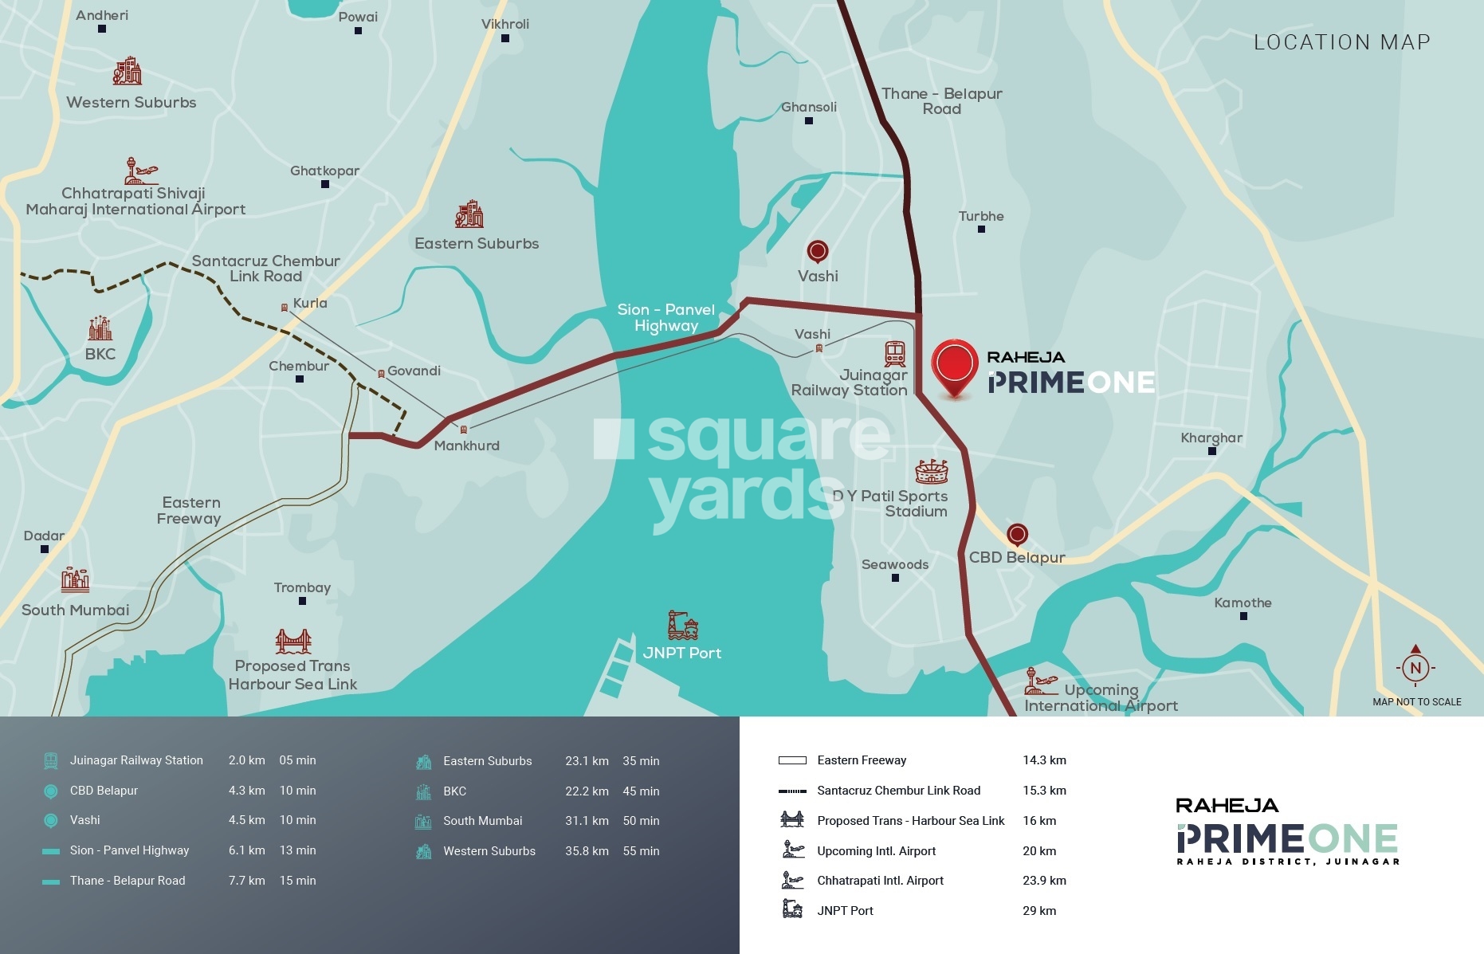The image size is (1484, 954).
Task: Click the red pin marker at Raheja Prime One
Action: tap(954, 366)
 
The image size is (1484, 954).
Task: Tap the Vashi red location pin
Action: tap(817, 252)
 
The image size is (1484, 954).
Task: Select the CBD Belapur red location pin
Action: tap(1017, 534)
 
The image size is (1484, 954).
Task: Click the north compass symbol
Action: tap(1415, 667)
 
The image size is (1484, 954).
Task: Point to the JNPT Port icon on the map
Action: tap(682, 626)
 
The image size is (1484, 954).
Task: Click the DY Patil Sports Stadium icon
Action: tap(931, 472)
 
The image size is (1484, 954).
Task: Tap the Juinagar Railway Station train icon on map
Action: tap(894, 353)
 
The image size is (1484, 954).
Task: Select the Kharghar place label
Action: tap(1211, 438)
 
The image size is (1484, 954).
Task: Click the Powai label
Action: tap(358, 17)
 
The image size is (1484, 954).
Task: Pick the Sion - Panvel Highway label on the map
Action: tap(665, 317)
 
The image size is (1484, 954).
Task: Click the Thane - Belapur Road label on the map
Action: tap(941, 101)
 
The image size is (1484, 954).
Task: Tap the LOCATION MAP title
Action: tap(1341, 42)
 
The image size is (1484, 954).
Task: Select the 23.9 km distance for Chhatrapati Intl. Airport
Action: tap(1044, 881)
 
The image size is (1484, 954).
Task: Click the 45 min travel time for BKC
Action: tap(641, 791)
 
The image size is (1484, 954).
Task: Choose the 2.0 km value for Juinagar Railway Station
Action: tap(246, 760)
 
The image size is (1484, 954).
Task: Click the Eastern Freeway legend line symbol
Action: tap(792, 760)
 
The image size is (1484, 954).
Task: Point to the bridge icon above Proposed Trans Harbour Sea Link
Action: tap(292, 641)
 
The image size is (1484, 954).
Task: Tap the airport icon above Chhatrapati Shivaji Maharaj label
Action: tap(141, 171)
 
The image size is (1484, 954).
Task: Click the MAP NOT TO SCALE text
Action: tap(1416, 702)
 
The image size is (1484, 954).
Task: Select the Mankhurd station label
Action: tap(466, 446)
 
